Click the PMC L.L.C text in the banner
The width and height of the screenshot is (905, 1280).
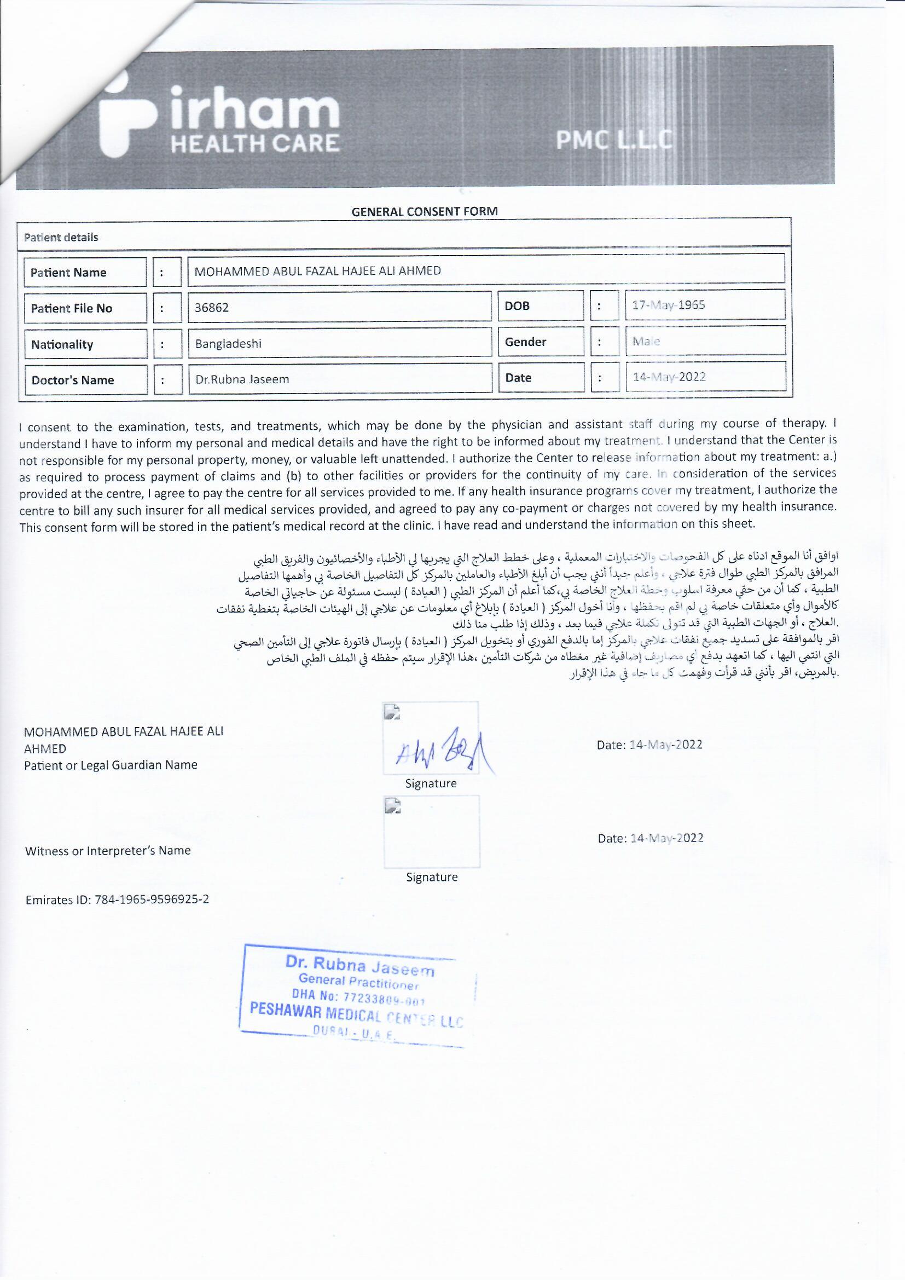click(613, 141)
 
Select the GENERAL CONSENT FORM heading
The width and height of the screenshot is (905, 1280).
click(425, 211)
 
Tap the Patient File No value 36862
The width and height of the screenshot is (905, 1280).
click(212, 308)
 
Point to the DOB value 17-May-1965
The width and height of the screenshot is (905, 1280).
click(668, 305)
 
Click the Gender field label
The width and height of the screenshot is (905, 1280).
click(525, 342)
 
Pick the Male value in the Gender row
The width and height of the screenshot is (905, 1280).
click(646, 341)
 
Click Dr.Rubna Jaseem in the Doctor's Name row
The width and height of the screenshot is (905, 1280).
click(242, 379)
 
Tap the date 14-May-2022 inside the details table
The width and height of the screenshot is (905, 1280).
click(669, 377)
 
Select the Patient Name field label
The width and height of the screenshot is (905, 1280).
click(68, 273)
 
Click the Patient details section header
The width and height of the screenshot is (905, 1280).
click(61, 238)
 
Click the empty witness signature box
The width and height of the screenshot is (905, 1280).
click(431, 832)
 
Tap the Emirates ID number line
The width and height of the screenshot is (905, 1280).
click(117, 900)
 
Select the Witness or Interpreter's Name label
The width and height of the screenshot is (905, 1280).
click(108, 851)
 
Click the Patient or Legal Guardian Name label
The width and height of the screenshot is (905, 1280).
click(111, 765)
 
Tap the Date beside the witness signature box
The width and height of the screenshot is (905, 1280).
click(650, 838)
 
